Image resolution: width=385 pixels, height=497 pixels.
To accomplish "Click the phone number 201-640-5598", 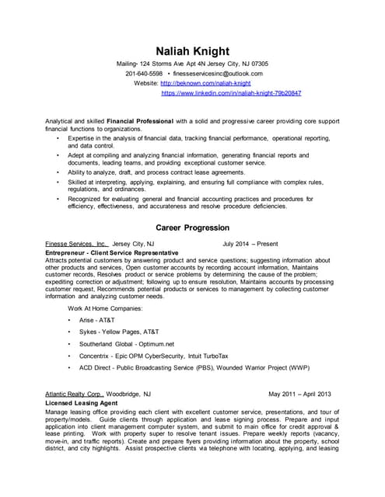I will pyautogui.click(x=144, y=73).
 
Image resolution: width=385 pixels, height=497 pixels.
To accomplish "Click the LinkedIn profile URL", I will pyautogui.click(x=231, y=92).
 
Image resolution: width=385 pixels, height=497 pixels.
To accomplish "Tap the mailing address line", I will pyautogui.click(x=192, y=63).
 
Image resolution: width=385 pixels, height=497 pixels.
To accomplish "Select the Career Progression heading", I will pyautogui.click(x=192, y=228).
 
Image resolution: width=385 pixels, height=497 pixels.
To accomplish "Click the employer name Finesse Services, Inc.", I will pyautogui.click(x=76, y=244).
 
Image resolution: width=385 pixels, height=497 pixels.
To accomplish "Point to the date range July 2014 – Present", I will pyautogui.click(x=250, y=244).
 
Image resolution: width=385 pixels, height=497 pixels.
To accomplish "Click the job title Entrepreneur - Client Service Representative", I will pyautogui.click(x=112, y=252).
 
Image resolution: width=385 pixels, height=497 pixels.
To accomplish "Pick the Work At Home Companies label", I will pyautogui.click(x=105, y=308).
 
